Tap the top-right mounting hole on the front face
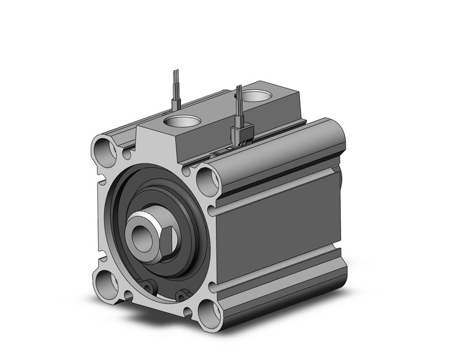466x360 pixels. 208,181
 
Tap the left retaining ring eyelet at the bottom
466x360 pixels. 150,286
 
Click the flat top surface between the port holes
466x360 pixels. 221,110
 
